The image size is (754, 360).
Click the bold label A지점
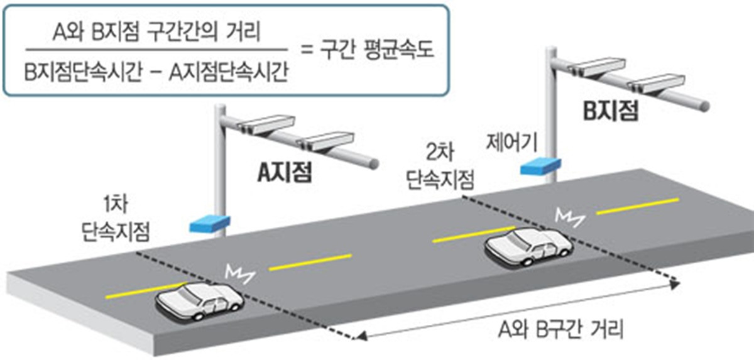pyautogui.click(x=285, y=173)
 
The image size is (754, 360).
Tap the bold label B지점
pyautogui.click(x=611, y=111)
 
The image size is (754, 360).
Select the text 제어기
pyautogui.click(x=511, y=143)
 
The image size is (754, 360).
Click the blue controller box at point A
pyautogui.click(x=210, y=224)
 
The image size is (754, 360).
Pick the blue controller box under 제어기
pyautogui.click(x=540, y=166)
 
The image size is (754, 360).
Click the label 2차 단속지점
pyautogui.click(x=440, y=166)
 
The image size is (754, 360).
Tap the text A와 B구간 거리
pyautogui.click(x=560, y=330)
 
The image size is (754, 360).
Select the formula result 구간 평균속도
pyautogui.click(x=377, y=50)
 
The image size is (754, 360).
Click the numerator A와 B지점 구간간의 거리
pyautogui.click(x=156, y=33)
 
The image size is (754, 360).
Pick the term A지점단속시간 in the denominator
pyautogui.click(x=229, y=72)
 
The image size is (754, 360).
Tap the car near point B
pyautogui.click(x=528, y=247)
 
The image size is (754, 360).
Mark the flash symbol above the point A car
pyautogui.click(x=239, y=274)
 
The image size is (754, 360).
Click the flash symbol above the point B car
pyautogui.click(x=569, y=218)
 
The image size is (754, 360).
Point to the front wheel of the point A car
pyautogui.click(x=199, y=316)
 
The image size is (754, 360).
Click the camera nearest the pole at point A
pyautogui.click(x=266, y=124)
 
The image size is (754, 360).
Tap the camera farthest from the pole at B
pyautogui.click(x=657, y=84)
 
